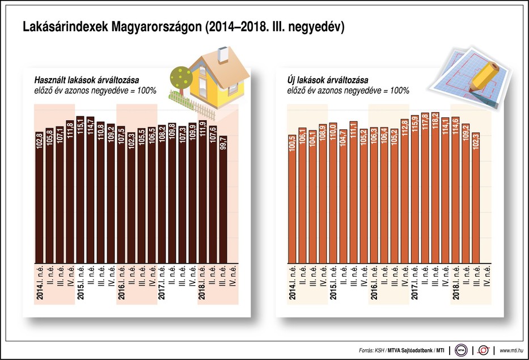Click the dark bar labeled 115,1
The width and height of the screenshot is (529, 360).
[x=80, y=187]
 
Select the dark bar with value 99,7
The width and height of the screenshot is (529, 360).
[x=223, y=198]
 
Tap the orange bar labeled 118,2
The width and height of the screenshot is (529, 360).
[x=435, y=187]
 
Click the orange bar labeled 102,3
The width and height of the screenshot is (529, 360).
[x=476, y=198]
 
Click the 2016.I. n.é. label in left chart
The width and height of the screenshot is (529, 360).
[x=121, y=283]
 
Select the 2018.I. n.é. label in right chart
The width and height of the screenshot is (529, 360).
[x=456, y=283]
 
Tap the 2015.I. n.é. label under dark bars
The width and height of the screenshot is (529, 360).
[x=80, y=283]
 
